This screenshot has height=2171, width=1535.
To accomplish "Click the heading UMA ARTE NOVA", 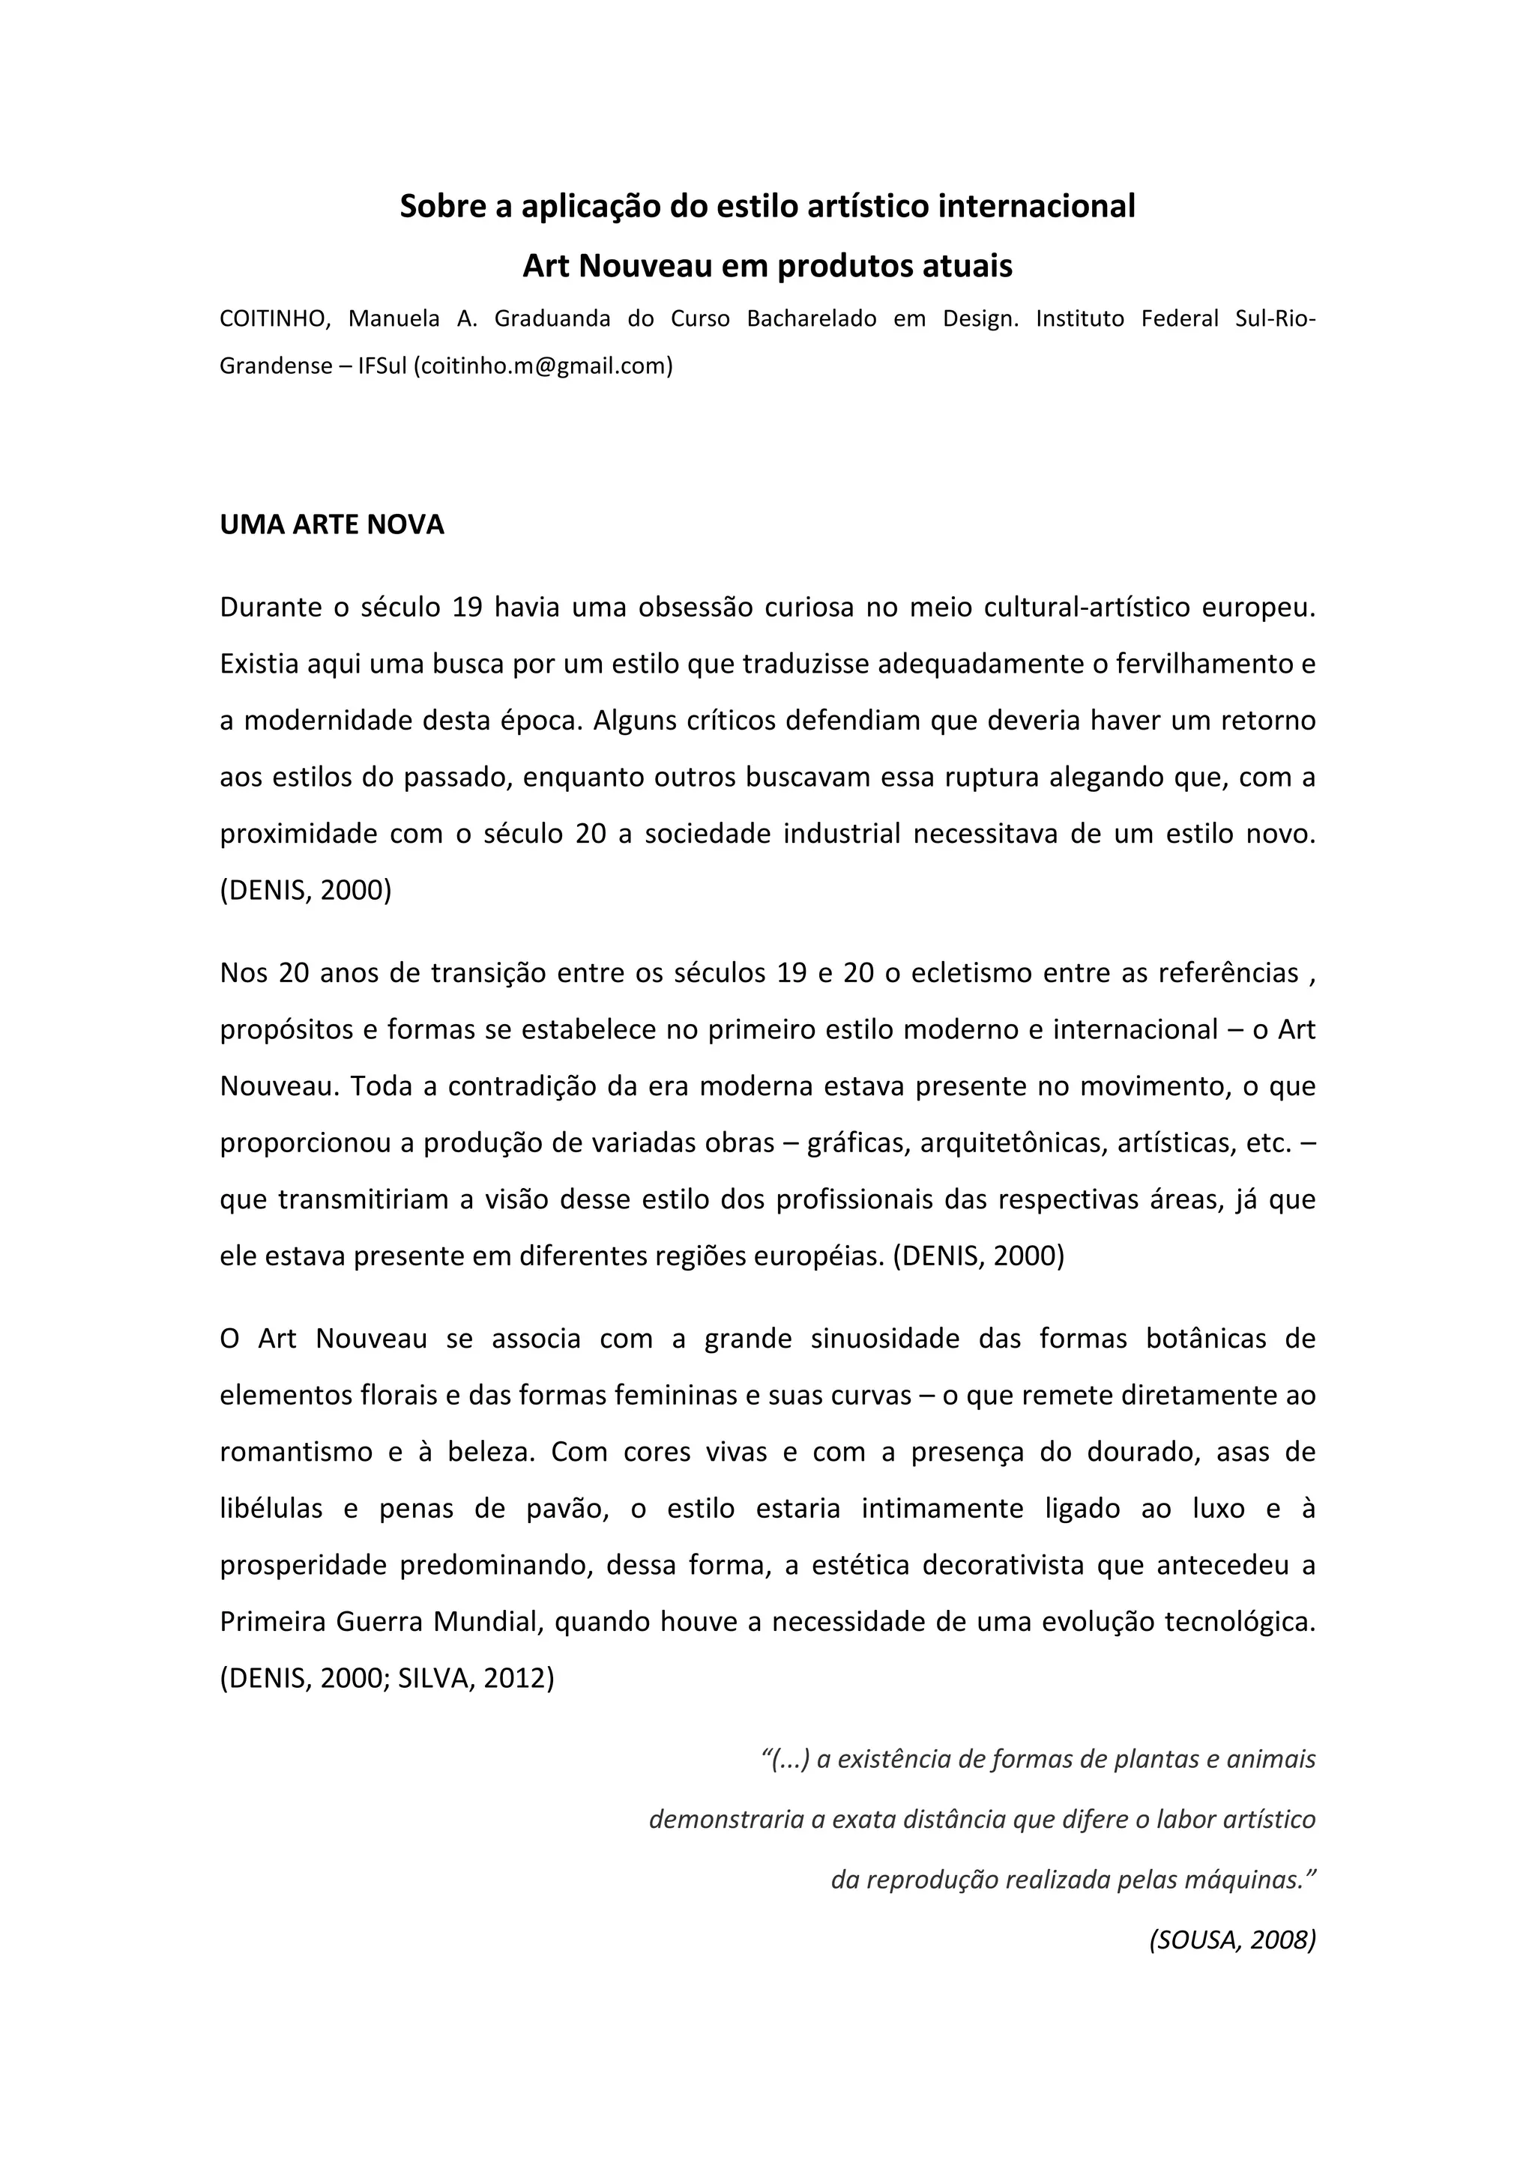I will click(x=332, y=525).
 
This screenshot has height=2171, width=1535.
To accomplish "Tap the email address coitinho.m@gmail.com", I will click(x=543, y=366).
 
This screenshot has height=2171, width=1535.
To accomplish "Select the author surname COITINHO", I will click(x=274, y=318).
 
